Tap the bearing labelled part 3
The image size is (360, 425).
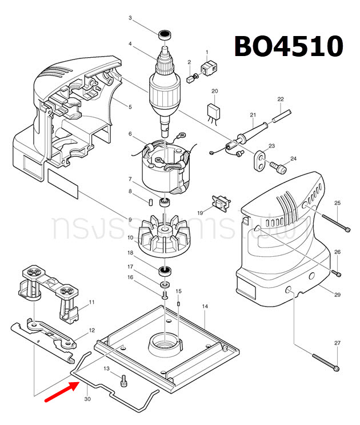(x=165, y=34)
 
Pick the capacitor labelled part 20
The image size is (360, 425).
(x=214, y=111)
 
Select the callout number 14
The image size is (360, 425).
(x=205, y=307)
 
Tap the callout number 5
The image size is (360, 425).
(x=130, y=107)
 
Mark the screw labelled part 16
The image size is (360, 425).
(x=165, y=295)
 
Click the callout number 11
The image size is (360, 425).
(x=91, y=301)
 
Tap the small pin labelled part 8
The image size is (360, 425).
(x=149, y=201)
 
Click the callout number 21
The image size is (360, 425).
(x=252, y=116)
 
